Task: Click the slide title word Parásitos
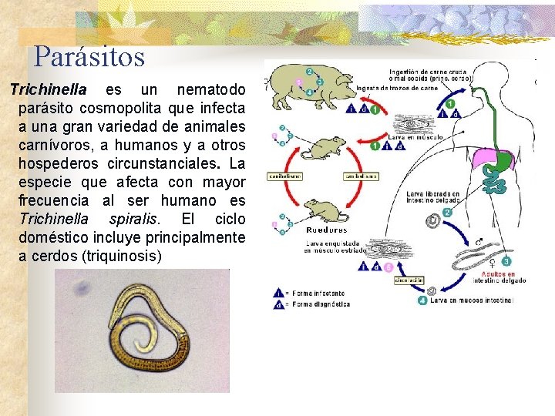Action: (89, 56)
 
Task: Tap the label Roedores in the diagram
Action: (326, 229)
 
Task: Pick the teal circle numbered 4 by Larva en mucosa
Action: (422, 300)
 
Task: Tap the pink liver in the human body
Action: (486, 159)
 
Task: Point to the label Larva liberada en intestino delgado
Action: (432, 198)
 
